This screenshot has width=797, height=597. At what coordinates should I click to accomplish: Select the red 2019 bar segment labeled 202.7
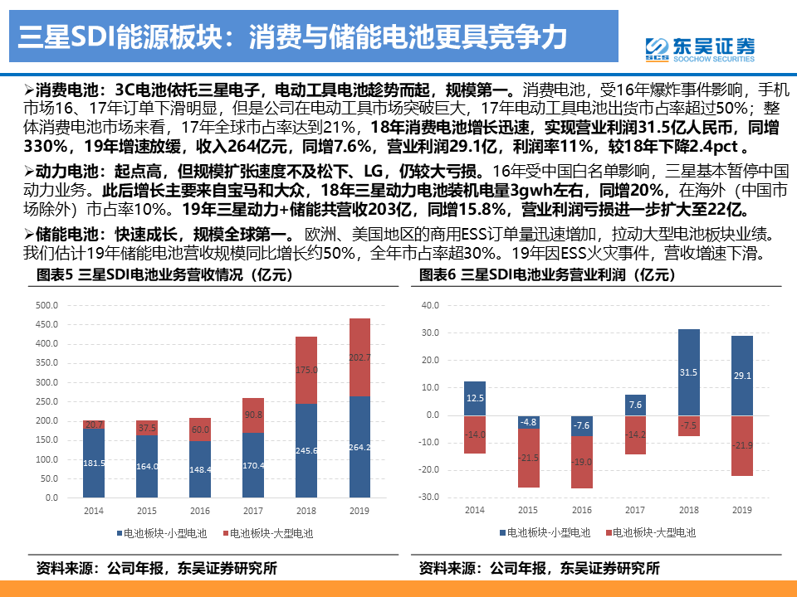(359, 357)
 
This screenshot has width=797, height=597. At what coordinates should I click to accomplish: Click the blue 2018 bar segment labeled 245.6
(306, 450)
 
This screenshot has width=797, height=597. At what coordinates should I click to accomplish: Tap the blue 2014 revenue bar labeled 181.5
(94, 463)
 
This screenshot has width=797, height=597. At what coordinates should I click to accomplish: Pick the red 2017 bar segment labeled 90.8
(253, 415)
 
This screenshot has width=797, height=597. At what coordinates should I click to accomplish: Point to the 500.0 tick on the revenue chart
(46, 306)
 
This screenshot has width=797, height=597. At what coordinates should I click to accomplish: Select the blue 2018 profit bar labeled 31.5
(689, 372)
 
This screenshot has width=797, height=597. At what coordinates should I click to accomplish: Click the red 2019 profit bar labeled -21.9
(742, 445)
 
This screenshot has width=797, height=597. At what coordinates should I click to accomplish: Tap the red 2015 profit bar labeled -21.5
(529, 458)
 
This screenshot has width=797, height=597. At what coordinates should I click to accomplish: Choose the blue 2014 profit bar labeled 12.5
(475, 398)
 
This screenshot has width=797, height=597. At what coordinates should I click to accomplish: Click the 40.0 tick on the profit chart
(430, 305)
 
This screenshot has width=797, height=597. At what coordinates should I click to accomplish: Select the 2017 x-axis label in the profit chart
(635, 510)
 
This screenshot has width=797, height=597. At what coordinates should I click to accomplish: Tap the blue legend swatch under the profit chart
(501, 533)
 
